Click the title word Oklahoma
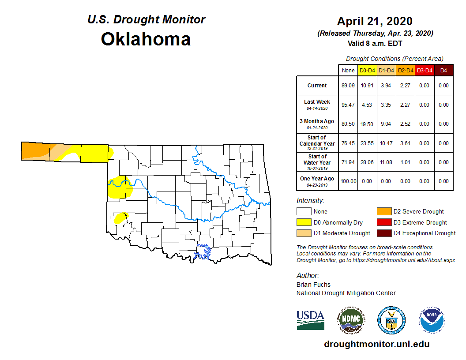[146, 39]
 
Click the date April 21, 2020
[375, 21]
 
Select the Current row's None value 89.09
[348, 86]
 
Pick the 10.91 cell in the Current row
[367, 86]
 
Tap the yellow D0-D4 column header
[367, 71]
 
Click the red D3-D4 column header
[424, 71]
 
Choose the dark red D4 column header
[443, 71]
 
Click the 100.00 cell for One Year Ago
[348, 181]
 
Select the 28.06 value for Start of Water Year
[367, 162]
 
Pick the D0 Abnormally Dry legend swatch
[304, 222]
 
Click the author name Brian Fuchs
[313, 285]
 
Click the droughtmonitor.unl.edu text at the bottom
[376, 344]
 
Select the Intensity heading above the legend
[310, 201]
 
